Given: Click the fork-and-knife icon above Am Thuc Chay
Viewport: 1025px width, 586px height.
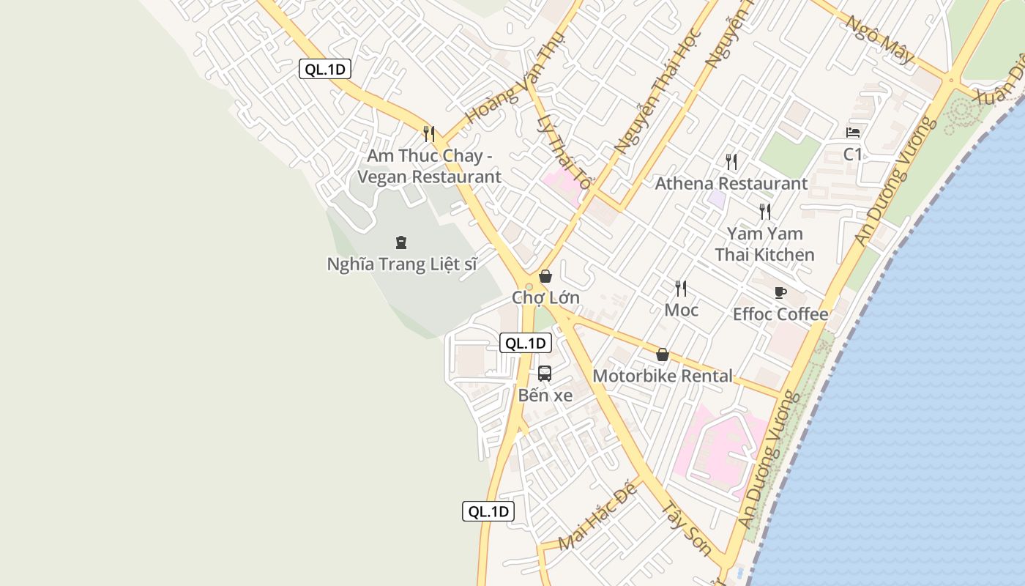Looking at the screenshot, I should pos(429,134).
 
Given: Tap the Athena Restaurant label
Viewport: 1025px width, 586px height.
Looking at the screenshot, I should pos(731,183).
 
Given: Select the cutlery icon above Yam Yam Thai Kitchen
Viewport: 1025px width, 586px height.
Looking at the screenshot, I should pos(765,212).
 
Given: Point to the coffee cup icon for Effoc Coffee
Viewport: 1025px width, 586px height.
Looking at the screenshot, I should pos(780,293).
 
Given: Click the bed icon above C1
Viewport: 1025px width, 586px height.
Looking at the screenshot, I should pos(853,133).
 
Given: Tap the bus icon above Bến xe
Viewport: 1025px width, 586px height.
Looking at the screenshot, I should pos(545,373).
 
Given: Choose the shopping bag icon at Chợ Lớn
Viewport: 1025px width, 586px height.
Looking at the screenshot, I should pos(545,276).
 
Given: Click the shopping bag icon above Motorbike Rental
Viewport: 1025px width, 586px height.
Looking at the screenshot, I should pos(663,355).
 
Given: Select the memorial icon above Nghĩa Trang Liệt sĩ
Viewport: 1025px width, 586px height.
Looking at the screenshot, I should pos(401,242).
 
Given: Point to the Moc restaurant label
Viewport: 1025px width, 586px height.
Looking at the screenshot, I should pos(681,310).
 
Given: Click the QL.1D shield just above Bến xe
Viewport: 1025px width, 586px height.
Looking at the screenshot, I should pos(525,343).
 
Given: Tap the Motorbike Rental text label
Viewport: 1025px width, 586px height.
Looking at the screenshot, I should pos(662,376).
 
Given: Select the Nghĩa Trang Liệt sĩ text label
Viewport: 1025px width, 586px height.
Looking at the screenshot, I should pos(401,264).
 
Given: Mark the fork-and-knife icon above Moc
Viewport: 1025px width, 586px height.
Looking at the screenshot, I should pos(681,289).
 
